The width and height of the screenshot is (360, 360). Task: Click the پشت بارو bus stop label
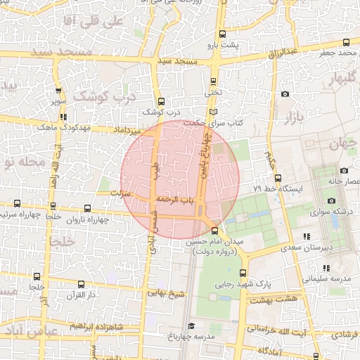pos(228,45)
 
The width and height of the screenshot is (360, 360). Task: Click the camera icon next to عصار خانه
pos(343,170)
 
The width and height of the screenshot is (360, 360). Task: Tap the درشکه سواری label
pos(332,211)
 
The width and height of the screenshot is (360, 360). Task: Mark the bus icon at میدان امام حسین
pos(214,231)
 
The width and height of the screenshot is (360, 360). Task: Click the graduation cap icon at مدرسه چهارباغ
pos(191,326)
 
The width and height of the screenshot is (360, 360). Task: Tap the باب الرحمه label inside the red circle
pos(174,200)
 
